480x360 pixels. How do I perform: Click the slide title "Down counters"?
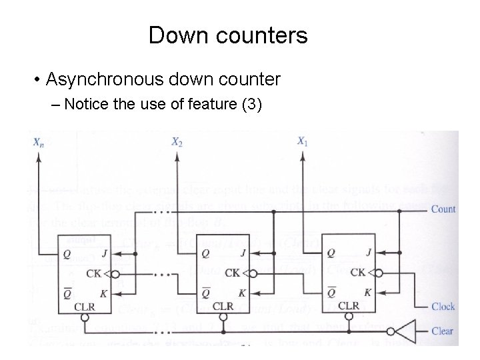[228, 35]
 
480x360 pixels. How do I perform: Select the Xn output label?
[39, 141]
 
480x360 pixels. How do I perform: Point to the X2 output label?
[177, 141]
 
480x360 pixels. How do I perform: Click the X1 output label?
[303, 141]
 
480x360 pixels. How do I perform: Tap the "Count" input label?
[443, 209]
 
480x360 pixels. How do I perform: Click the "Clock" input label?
[443, 307]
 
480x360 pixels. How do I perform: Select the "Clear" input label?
[443, 331]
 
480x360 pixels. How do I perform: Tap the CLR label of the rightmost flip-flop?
[348, 306]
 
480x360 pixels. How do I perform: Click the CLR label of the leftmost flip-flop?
[84, 307]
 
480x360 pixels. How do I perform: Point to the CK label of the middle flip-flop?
[233, 273]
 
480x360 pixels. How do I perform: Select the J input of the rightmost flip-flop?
[369, 253]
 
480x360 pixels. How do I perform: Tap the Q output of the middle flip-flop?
[205, 253]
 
